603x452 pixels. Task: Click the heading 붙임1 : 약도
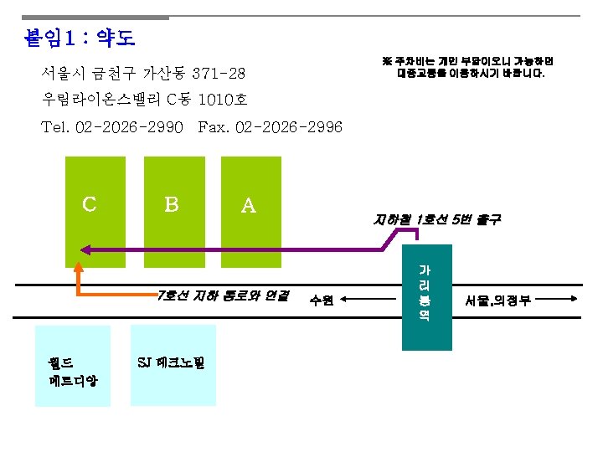[80, 39]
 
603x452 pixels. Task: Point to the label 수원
[322, 300]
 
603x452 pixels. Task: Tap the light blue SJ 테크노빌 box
[173, 363]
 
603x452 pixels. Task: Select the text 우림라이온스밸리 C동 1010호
[144, 100]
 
